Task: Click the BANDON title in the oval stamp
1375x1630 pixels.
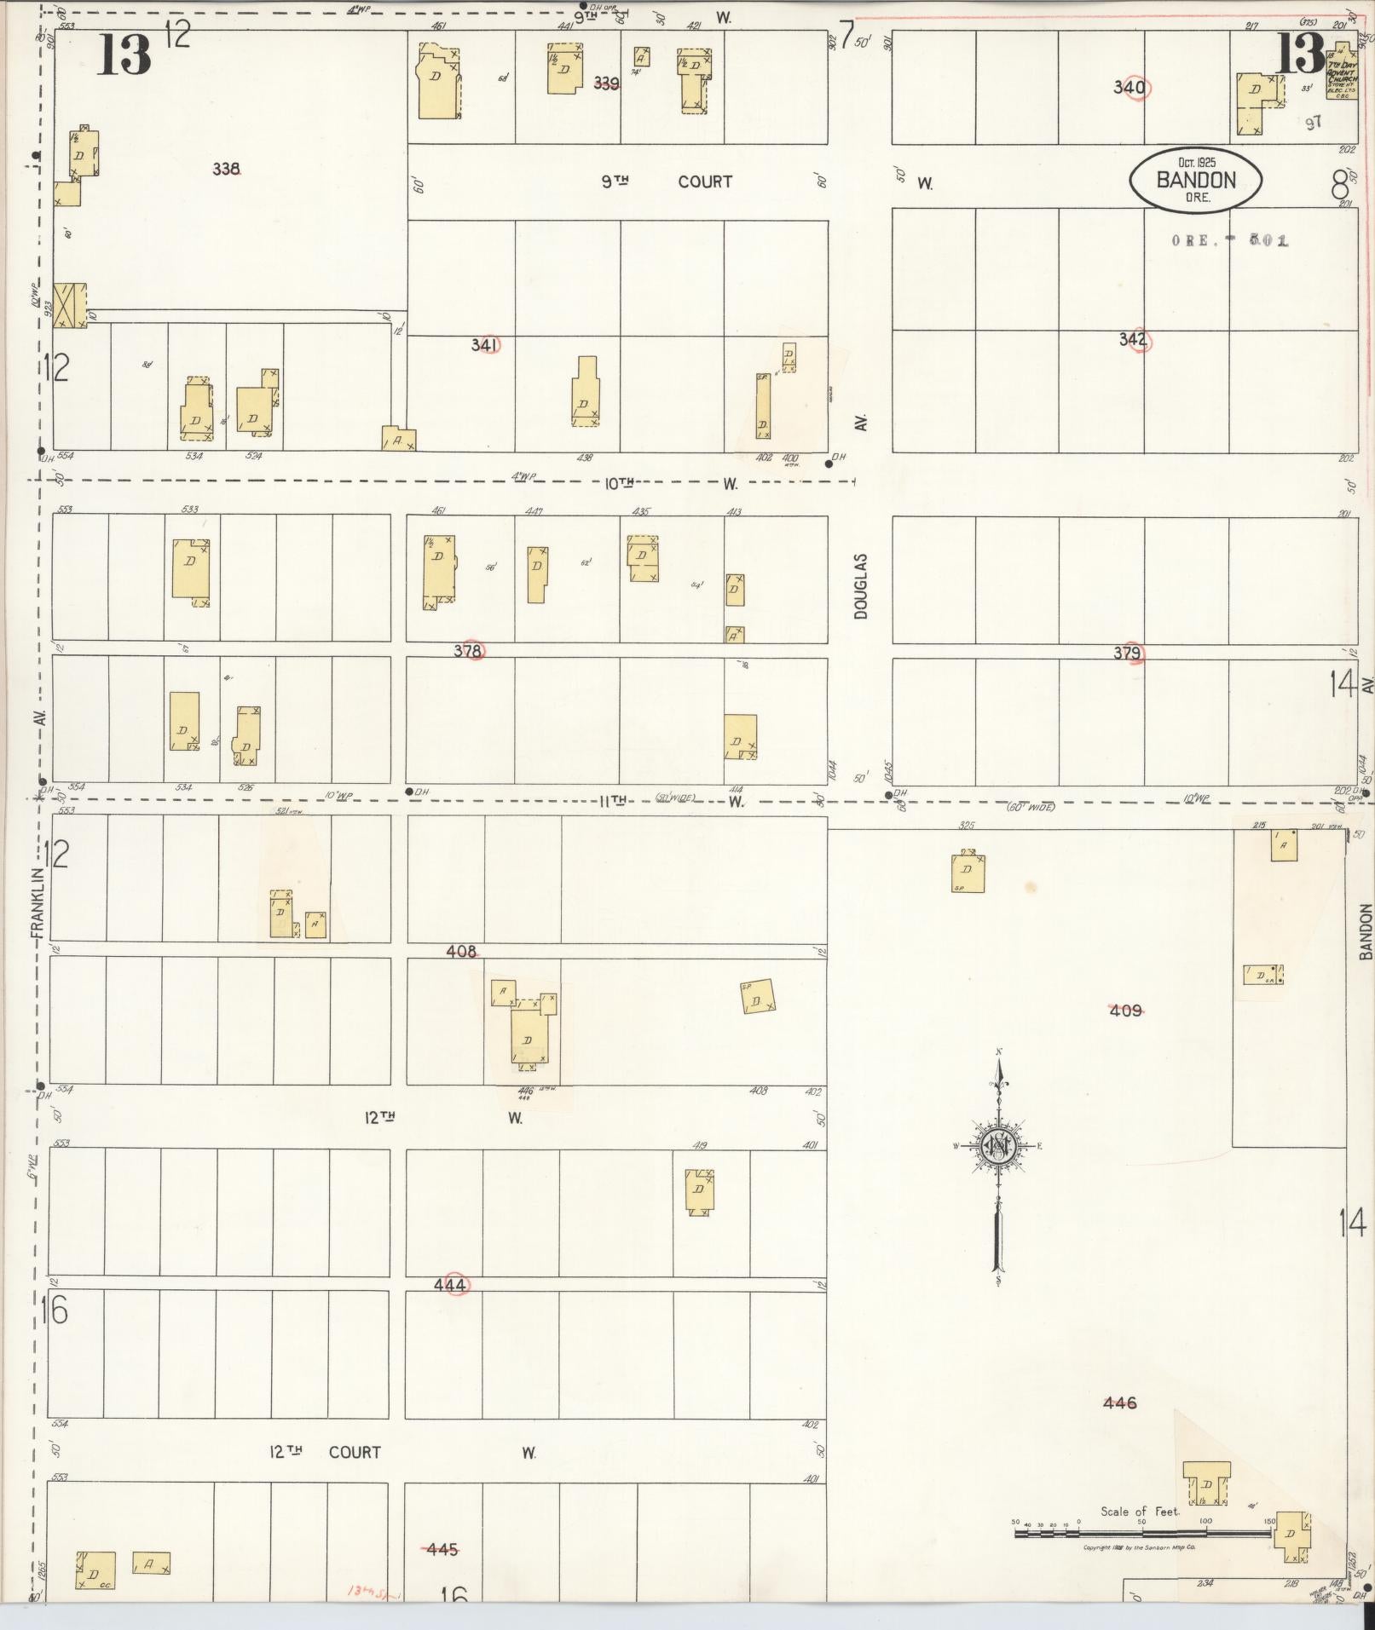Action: click(1195, 180)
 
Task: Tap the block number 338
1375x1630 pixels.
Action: click(226, 169)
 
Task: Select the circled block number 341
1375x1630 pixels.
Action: click(485, 345)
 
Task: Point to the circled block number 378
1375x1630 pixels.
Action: click(468, 651)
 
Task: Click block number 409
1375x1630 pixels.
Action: click(1125, 1011)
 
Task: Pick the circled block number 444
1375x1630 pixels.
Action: click(451, 1285)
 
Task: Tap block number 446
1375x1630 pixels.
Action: click(1119, 1402)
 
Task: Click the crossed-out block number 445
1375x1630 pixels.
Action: click(442, 1549)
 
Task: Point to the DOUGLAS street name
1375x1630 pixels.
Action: click(861, 586)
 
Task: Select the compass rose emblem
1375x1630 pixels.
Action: click(997, 1146)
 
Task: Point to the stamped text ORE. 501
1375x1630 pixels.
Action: click(1229, 241)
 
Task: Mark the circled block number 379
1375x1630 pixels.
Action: click(1129, 654)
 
